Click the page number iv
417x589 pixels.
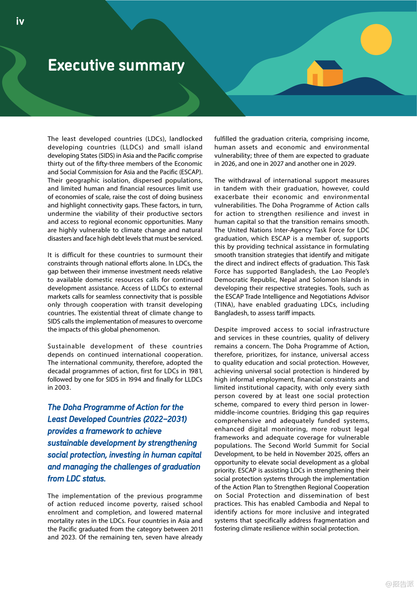20,22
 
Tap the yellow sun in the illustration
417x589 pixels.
376,40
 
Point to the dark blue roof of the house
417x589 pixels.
329,65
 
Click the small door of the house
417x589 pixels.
315,79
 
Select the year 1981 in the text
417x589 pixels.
195,371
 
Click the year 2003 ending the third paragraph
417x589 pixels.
62,388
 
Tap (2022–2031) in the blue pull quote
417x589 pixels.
165,419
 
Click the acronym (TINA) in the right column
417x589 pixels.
224,305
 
